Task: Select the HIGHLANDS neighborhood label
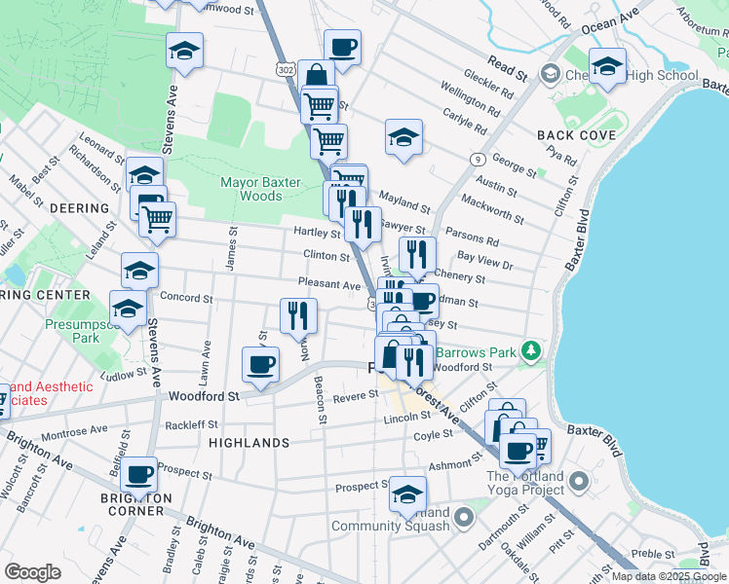249,443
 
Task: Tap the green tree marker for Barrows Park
530,348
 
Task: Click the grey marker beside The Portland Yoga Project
579,481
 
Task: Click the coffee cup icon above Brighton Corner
139,475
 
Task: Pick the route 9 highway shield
478,159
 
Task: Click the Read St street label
508,70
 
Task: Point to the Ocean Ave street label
610,22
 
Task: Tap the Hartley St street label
317,233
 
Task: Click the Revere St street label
355,395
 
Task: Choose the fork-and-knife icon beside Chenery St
416,255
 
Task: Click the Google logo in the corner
32,572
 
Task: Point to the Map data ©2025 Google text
669,576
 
